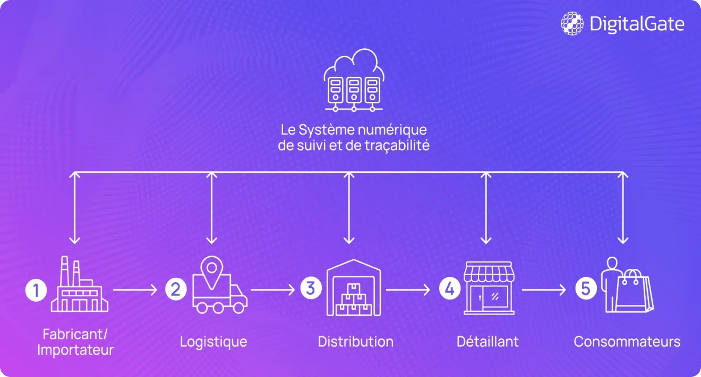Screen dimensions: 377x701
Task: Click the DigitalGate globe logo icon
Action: coord(572,23)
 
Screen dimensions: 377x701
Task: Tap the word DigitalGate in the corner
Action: coord(637,24)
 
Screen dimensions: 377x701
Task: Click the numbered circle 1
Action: coord(36,290)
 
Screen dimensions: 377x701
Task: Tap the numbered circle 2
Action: coord(176,290)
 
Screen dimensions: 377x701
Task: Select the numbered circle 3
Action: coord(311,288)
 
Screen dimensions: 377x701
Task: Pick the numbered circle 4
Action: coord(450,289)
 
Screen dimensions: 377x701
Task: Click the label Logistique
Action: coord(213,341)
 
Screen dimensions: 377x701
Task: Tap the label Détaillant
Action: coord(488,341)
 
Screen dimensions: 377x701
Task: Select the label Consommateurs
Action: coord(627,341)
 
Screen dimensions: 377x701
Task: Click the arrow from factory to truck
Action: coord(135,290)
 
